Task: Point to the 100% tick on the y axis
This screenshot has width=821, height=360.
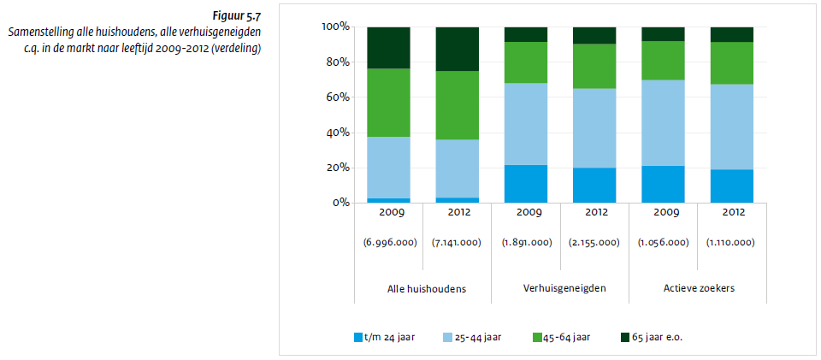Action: pyautogui.click(x=334, y=27)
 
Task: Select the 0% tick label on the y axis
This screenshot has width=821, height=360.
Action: pyautogui.click(x=340, y=204)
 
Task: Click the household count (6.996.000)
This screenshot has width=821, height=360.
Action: pyautogui.click(x=389, y=242)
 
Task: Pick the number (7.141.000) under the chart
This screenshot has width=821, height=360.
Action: pyautogui.click(x=458, y=242)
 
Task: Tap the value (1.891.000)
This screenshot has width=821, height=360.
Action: pyautogui.click(x=526, y=242)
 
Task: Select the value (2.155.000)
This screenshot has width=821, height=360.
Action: pyautogui.click(x=594, y=242)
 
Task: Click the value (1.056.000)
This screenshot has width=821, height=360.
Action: pyautogui.click(x=663, y=242)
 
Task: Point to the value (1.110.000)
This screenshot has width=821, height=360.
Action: pyautogui.click(x=731, y=242)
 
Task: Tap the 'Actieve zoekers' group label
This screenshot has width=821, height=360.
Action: pyautogui.click(x=699, y=289)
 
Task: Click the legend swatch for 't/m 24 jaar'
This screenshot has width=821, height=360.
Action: pyautogui.click(x=357, y=337)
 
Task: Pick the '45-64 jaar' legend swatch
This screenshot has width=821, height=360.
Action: pyautogui.click(x=535, y=337)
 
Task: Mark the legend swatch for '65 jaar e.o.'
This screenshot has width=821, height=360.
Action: pyautogui.click(x=625, y=337)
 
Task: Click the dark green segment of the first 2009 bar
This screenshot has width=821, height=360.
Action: pyautogui.click(x=389, y=47)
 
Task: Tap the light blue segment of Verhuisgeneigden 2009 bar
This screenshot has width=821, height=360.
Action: pyautogui.click(x=526, y=124)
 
